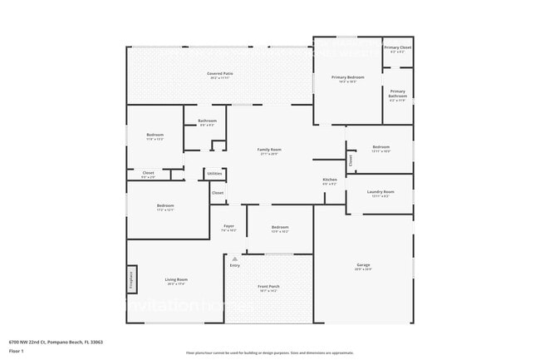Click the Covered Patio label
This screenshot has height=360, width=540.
tap(219, 74)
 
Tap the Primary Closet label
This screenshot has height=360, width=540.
tap(397, 48)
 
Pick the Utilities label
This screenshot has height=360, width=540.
tap(214, 173)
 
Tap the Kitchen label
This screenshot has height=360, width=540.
tap(329, 180)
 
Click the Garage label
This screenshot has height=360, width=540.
tap(363, 265)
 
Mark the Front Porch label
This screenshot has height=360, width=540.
tap(269, 287)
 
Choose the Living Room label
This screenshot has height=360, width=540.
tap(176, 280)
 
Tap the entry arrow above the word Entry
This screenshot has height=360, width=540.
tap(235, 259)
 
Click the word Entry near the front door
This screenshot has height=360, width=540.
tap(235, 265)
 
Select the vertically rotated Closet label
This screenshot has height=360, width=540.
tap(350, 159)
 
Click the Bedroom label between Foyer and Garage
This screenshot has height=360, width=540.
tap(280, 227)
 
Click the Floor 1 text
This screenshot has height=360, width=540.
tap(17, 351)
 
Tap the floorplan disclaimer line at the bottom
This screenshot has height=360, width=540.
tap(269, 353)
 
